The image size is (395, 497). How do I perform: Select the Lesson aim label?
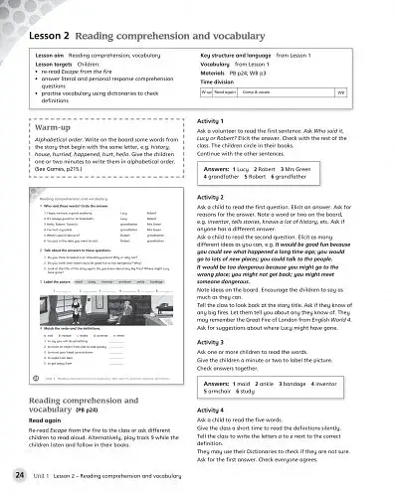tap(56, 48)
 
